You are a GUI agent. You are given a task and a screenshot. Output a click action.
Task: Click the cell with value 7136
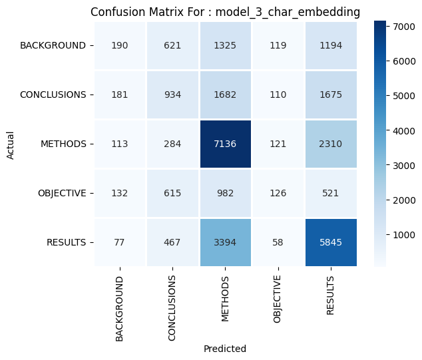(x=226, y=144)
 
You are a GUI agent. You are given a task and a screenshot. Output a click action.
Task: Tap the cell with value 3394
(x=226, y=242)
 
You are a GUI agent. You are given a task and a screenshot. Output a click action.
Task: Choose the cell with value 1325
(x=226, y=45)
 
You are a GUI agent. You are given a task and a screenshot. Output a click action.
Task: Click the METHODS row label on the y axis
(x=63, y=144)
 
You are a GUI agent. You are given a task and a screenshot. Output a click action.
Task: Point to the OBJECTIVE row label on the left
(x=62, y=193)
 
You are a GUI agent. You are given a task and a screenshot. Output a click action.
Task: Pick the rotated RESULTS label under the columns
(x=331, y=296)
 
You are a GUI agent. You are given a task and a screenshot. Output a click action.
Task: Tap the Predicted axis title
(x=226, y=348)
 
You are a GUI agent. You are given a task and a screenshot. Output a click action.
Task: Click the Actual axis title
(x=10, y=144)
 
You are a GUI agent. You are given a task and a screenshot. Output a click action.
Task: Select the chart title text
(x=226, y=12)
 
